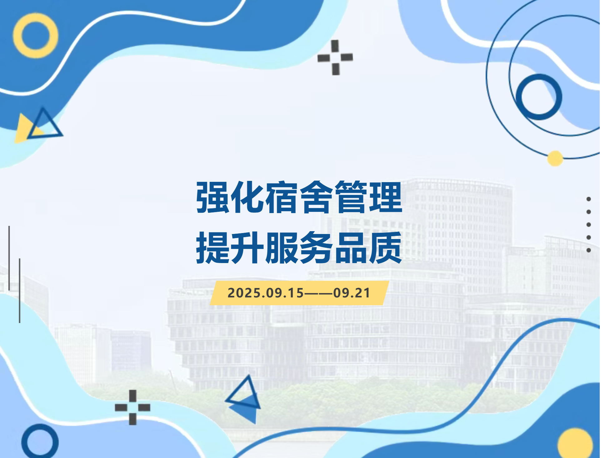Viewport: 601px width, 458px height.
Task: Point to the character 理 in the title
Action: pyautogui.click(x=386, y=197)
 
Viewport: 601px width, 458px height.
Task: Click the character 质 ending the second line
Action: pyautogui.click(x=386, y=248)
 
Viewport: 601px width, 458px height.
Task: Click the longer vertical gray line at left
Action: pyautogui.click(x=20, y=291)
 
